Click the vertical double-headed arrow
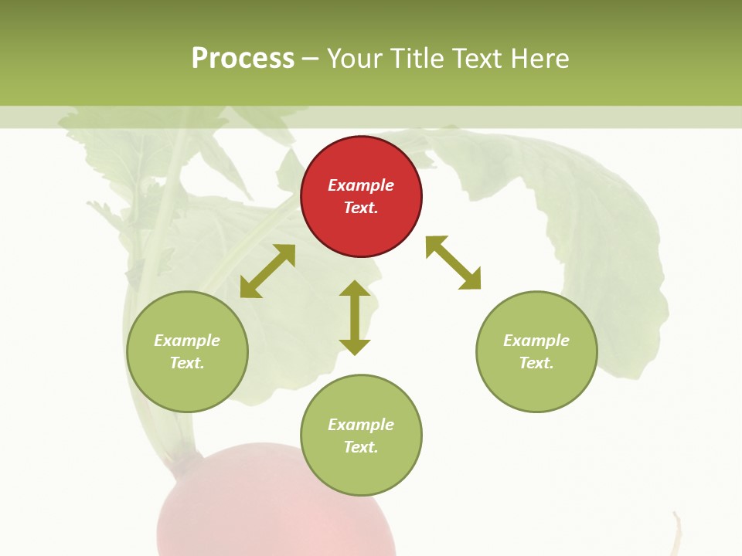click(x=355, y=317)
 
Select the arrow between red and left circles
click(x=267, y=271)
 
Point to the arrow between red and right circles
click(x=453, y=263)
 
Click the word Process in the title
click(x=243, y=59)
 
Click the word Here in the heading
click(x=539, y=59)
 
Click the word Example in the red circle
click(x=361, y=185)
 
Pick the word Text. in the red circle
click(x=361, y=208)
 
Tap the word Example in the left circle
click(x=187, y=341)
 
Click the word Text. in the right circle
click(x=536, y=363)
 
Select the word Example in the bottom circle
click(x=361, y=425)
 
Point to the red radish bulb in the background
click(x=271, y=510)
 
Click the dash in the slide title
click(x=311, y=59)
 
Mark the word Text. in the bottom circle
click(x=361, y=447)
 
